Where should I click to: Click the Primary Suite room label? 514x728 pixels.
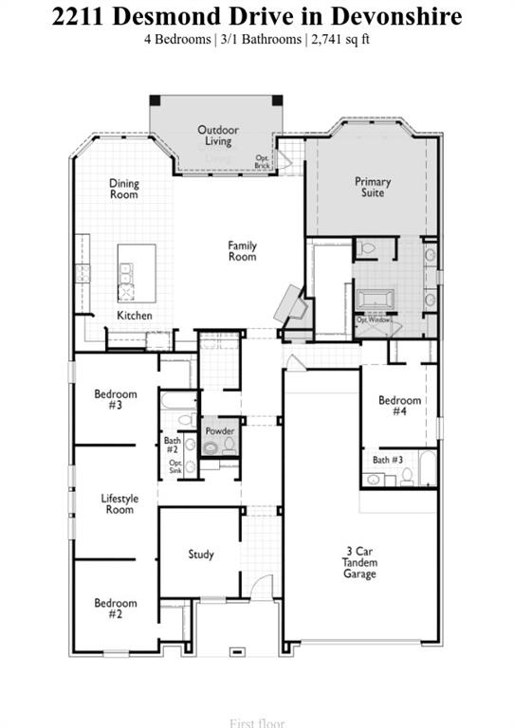373,187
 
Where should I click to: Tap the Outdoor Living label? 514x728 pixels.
217,136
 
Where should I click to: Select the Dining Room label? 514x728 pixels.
123,189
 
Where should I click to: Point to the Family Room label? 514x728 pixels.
242,251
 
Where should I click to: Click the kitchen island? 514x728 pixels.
136,271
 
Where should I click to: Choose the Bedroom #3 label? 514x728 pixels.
115,399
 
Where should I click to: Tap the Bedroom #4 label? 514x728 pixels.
399,407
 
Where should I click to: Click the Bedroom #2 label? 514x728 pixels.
115,609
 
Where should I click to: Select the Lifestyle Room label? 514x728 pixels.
119,504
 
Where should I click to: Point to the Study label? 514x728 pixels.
201,555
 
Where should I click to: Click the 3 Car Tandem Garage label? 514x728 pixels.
359,561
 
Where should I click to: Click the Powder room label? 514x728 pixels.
219,431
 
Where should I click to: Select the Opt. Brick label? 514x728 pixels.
263,162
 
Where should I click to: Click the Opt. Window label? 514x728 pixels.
374,319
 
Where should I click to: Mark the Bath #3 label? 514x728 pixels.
387,460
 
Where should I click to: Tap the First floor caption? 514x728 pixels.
257,723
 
